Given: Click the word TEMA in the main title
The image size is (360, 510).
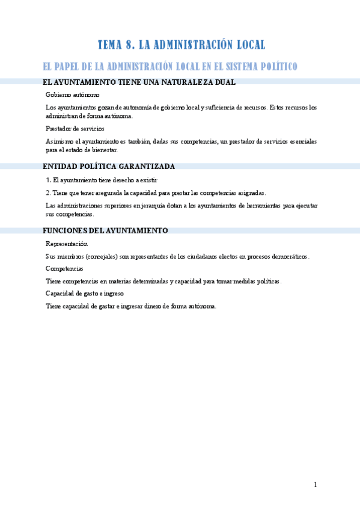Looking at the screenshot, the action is click(x=111, y=45).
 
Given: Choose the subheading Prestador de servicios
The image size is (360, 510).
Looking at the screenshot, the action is click(x=75, y=129).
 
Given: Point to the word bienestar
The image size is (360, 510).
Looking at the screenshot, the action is click(x=103, y=150).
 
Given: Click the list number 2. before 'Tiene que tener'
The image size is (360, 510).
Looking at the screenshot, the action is click(x=48, y=192).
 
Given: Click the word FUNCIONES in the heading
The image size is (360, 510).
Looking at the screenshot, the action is click(x=65, y=230).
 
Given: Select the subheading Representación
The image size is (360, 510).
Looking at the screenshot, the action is click(x=67, y=244).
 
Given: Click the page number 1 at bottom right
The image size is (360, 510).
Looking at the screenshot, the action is click(x=315, y=485).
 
